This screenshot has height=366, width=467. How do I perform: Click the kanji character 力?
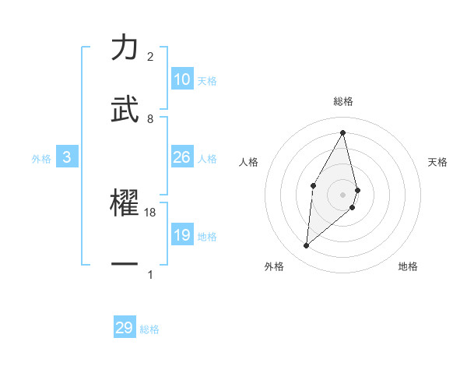click(x=125, y=48)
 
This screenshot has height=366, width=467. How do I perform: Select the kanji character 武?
click(x=125, y=109)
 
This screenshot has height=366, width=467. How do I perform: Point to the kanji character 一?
click(x=125, y=264)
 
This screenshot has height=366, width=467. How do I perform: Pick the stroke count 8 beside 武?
click(x=150, y=119)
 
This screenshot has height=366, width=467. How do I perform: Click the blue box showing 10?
click(x=182, y=80)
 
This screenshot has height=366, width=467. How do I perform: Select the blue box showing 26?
click(x=182, y=158)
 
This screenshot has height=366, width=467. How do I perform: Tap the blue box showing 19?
click(x=182, y=235)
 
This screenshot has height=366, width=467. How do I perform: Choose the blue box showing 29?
click(x=125, y=328)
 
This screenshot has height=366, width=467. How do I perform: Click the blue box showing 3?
click(x=67, y=158)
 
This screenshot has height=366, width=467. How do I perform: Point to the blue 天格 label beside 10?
click(x=207, y=81)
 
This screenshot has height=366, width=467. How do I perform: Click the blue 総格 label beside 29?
click(x=149, y=329)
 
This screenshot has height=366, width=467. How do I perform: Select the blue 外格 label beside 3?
click(x=41, y=159)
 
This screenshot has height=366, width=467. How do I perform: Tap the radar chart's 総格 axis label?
click(x=343, y=101)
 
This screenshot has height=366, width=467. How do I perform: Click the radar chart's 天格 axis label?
click(x=437, y=162)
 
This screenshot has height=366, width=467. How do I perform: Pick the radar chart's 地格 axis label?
click(x=408, y=266)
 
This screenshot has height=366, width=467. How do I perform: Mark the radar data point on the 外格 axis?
click(x=307, y=246)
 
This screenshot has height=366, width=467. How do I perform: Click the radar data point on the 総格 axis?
click(x=343, y=132)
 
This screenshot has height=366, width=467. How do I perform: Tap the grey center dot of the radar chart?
click(x=343, y=194)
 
